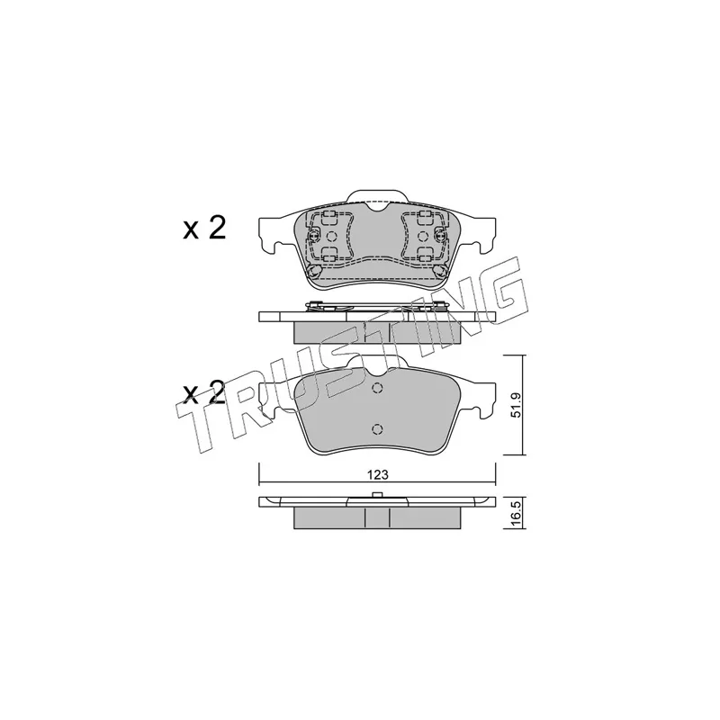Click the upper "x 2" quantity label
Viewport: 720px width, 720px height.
(205, 229)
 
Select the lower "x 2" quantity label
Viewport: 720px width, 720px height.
(205, 392)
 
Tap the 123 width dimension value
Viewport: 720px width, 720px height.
(377, 475)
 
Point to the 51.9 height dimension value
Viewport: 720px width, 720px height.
(517, 406)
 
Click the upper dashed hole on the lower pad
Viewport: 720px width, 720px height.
(377, 388)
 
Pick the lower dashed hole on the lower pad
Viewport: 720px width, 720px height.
(377, 429)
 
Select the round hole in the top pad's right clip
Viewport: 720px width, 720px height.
(423, 237)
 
